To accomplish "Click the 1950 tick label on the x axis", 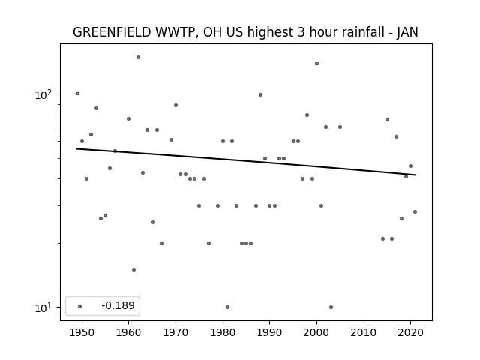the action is pyautogui.click(x=82, y=332).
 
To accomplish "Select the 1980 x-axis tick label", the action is pyautogui.click(x=223, y=332).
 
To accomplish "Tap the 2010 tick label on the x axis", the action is pyautogui.click(x=364, y=332).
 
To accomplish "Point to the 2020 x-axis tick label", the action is pyautogui.click(x=411, y=332).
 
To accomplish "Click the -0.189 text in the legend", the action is pyautogui.click(x=118, y=305).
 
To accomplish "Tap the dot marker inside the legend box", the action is pyautogui.click(x=80, y=306).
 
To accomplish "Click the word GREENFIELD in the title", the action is pyautogui.click(x=112, y=32).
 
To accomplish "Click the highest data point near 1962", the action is pyautogui.click(x=138, y=57).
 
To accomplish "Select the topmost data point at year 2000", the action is pyautogui.click(x=316, y=63).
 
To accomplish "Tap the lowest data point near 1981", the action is pyautogui.click(x=227, y=307).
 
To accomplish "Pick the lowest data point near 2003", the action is pyautogui.click(x=331, y=307).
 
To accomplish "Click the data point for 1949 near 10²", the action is pyautogui.click(x=77, y=93).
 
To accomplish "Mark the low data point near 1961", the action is pyautogui.click(x=133, y=270).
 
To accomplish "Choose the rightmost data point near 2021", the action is pyautogui.click(x=415, y=211).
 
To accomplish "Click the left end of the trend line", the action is pyautogui.click(x=76, y=148).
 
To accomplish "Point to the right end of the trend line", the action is pyautogui.click(x=415, y=175).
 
